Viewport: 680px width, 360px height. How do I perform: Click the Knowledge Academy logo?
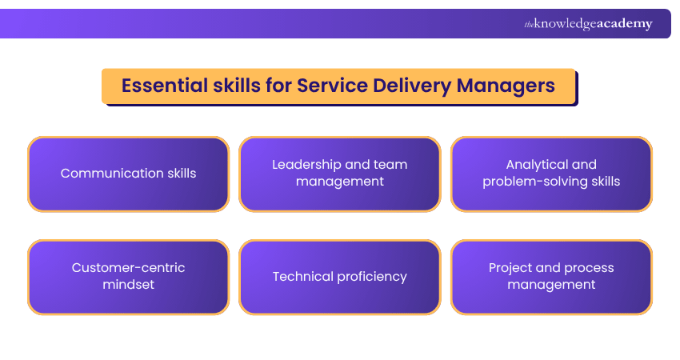tap(588, 24)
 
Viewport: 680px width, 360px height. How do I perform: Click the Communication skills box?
tap(128, 174)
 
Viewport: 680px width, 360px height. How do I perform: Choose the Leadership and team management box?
tap(339, 174)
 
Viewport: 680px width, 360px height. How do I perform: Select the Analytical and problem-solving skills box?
tap(551, 174)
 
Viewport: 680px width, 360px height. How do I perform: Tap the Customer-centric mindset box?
tap(128, 277)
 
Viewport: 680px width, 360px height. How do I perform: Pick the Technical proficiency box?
tap(339, 277)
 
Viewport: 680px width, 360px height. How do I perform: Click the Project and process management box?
tap(551, 277)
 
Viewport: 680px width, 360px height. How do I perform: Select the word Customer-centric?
tap(128, 268)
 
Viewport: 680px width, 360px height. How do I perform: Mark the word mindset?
tap(128, 285)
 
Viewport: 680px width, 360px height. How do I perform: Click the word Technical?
tap(301, 277)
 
